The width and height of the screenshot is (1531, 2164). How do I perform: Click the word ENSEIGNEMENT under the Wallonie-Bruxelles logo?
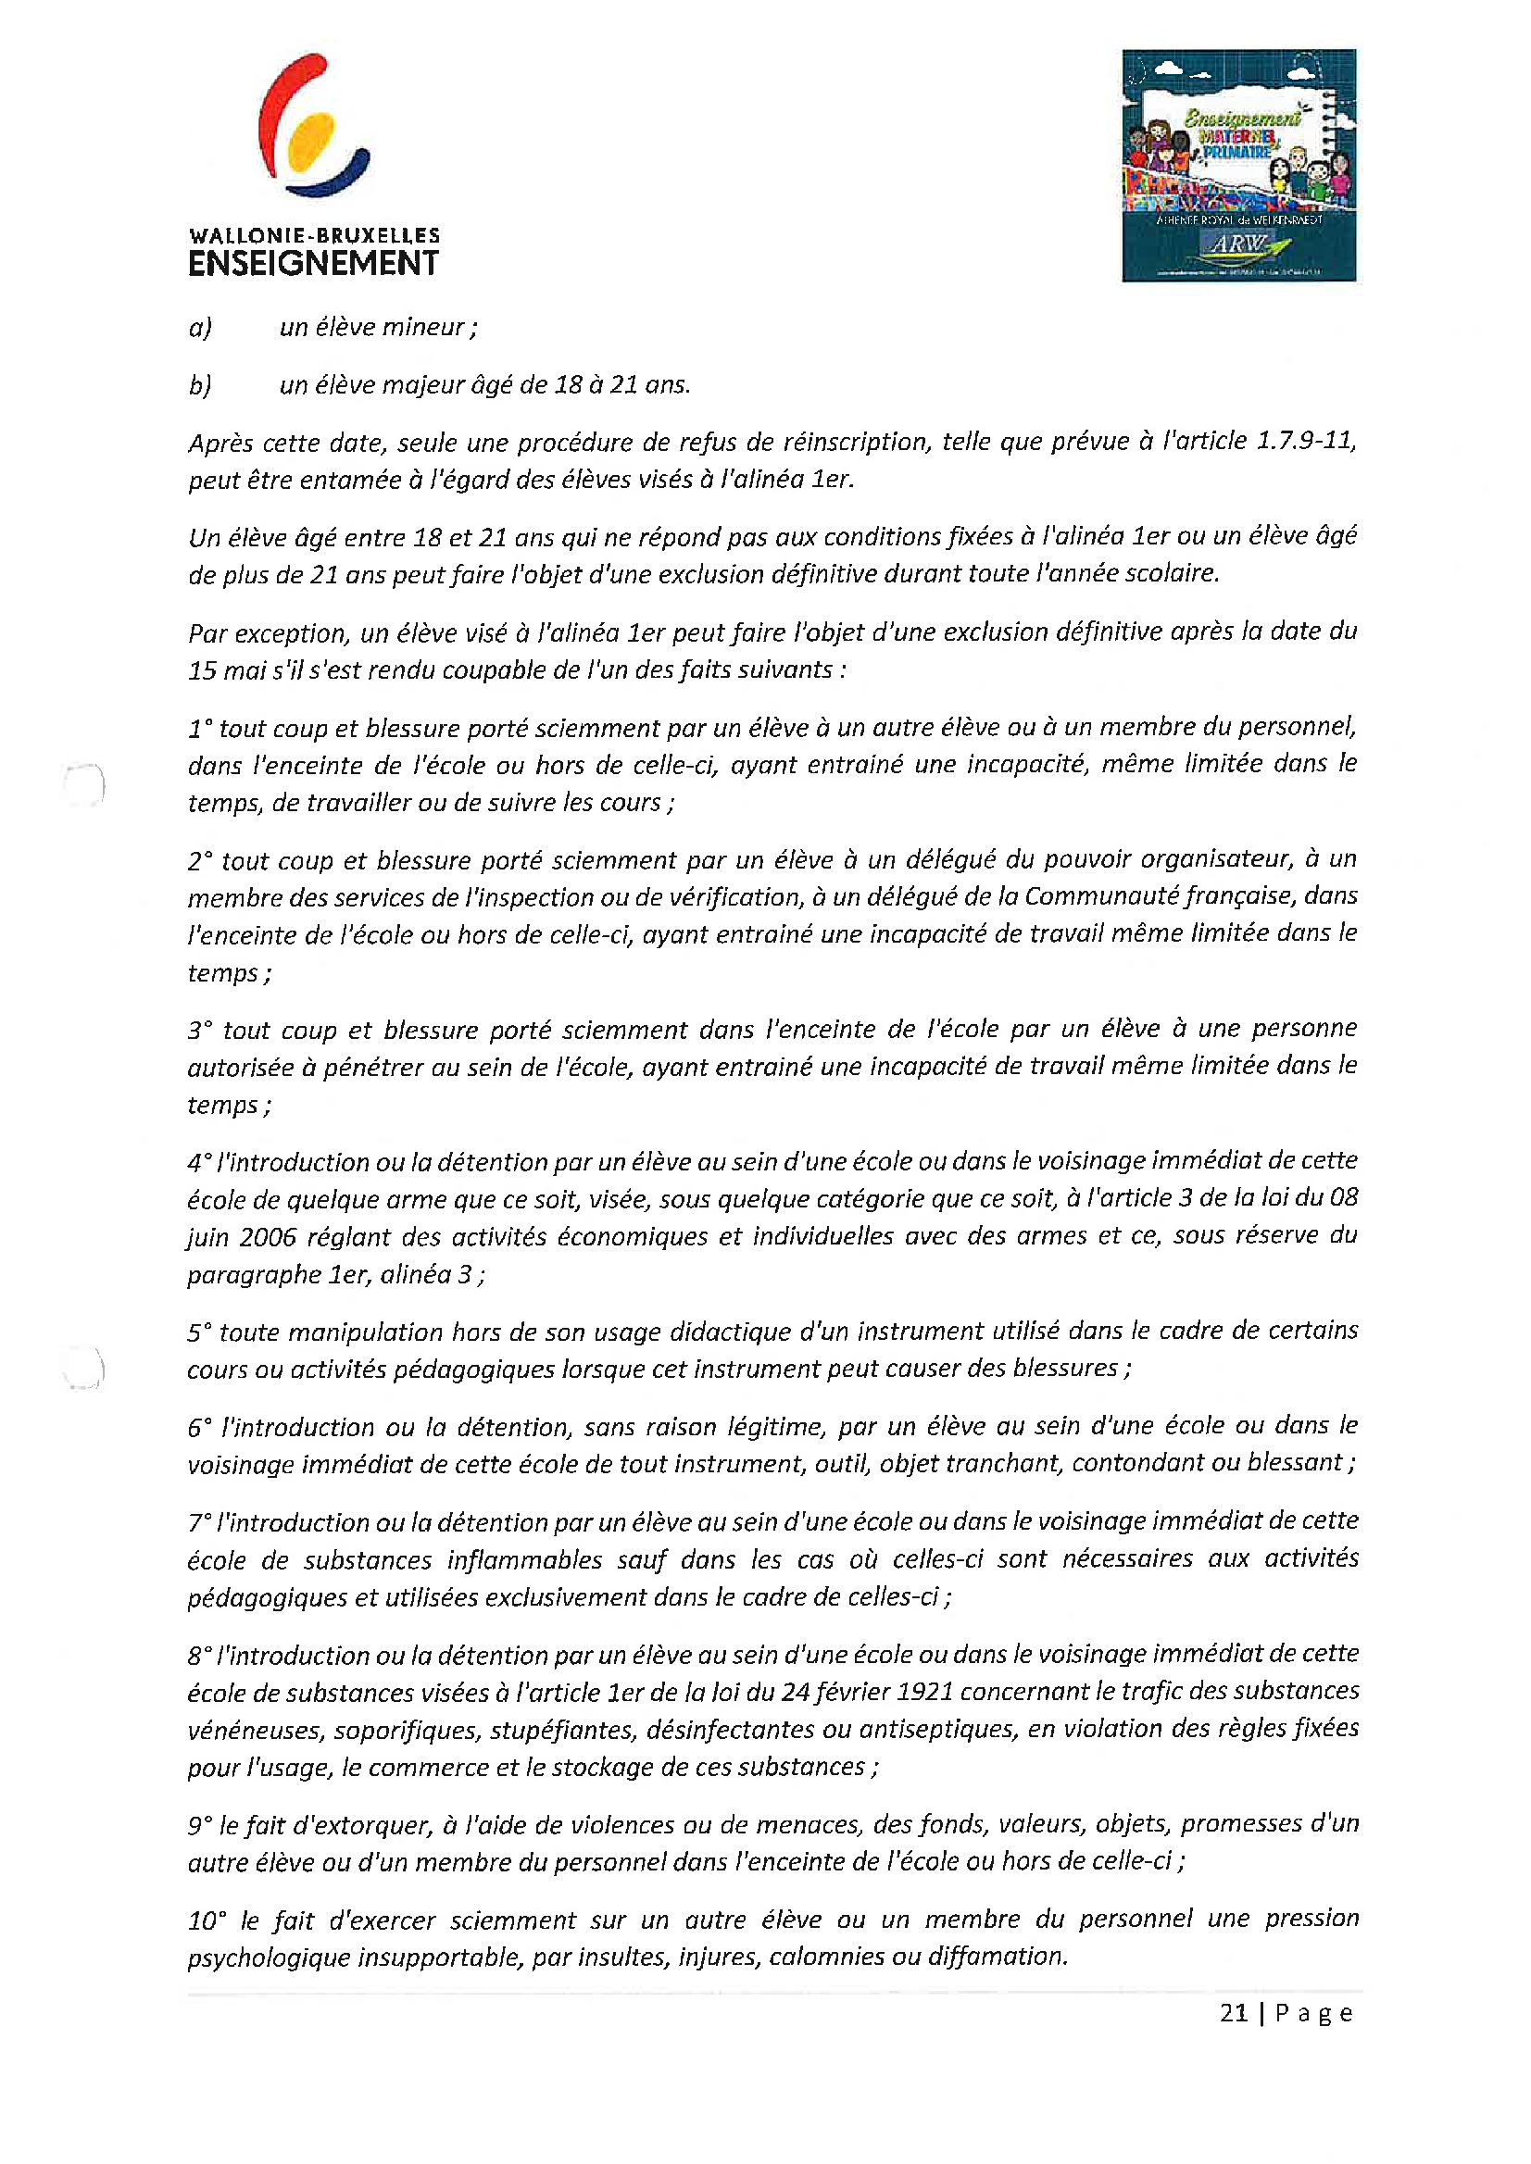click(x=313, y=264)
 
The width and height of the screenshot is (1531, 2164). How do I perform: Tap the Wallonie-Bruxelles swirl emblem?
click(x=313, y=126)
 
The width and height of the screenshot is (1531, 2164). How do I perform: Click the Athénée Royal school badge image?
click(x=1237, y=166)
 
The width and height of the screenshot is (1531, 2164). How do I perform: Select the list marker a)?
click(x=200, y=328)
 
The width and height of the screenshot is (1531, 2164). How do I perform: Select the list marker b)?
click(x=200, y=385)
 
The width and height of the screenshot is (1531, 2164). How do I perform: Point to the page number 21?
click(x=1233, y=2013)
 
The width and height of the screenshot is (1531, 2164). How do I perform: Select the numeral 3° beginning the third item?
click(x=200, y=1031)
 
